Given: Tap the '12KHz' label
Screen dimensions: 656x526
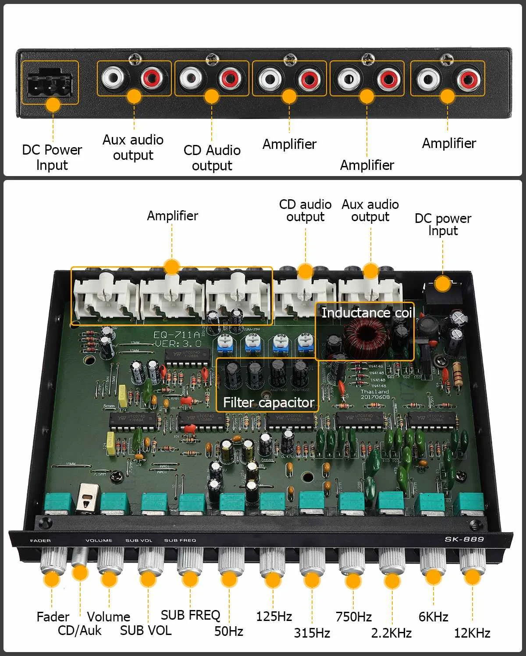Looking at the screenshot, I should coord(472,633).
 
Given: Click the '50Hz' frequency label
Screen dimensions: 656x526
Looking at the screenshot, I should coord(228,631).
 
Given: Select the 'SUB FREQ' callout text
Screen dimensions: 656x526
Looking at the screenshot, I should coord(190,615).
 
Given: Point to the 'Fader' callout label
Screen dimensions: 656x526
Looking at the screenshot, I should coord(53,617).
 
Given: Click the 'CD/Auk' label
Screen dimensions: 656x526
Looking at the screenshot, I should coord(79,631).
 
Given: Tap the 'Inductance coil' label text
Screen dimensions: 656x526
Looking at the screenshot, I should coord(367,313).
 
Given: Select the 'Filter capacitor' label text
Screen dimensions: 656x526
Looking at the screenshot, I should coord(268,402).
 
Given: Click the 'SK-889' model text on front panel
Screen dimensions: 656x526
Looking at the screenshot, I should coord(464,539).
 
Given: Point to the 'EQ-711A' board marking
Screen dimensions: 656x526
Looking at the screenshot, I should coord(177,335).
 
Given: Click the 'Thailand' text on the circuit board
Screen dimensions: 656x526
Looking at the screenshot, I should coord(374,391).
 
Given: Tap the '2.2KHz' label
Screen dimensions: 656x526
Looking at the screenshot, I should coord(391,633).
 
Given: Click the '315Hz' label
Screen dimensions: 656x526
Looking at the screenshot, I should coord(312,633).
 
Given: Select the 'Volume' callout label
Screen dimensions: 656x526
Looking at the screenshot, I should coord(108,617).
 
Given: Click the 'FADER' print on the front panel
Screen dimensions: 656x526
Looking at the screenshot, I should coord(40,541).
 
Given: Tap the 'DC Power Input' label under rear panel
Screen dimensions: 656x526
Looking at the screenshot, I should coord(52,157).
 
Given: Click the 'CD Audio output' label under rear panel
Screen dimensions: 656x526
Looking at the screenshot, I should coord(212,158).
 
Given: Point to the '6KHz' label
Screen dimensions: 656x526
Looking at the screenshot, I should coord(433,617).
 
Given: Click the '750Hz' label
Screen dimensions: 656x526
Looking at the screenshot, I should coord(353,617).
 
